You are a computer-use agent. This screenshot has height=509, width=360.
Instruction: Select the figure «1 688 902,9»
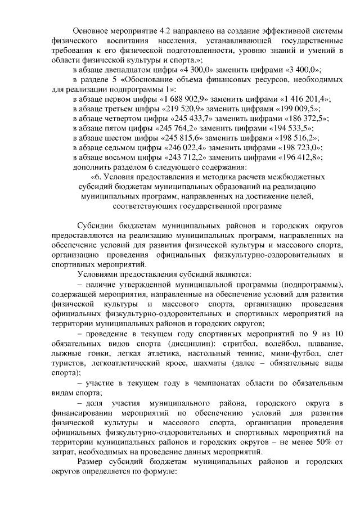click(x=183, y=98)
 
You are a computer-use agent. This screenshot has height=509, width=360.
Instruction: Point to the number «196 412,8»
click(x=302, y=157)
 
